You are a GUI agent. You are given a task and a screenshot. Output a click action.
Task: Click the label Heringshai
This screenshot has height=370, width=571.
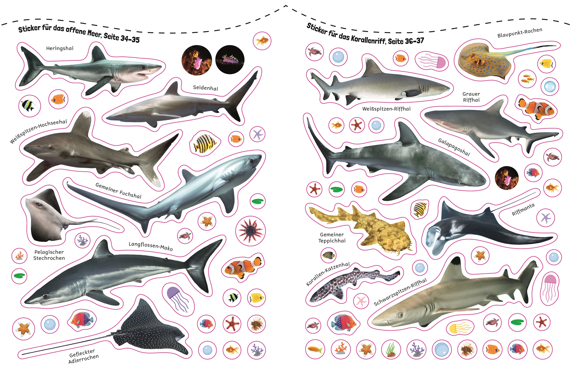pyautogui.click(x=60, y=48)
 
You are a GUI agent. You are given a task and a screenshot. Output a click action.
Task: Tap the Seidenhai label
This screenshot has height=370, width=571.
pyautogui.click(x=206, y=88)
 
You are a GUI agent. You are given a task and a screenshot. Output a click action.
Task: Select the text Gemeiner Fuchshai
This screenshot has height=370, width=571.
pyautogui.click(x=119, y=191)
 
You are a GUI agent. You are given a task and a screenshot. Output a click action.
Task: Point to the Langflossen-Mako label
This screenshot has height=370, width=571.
pyautogui.click(x=151, y=246)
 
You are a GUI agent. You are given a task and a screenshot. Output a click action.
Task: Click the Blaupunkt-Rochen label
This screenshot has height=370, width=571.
pyautogui.click(x=520, y=33)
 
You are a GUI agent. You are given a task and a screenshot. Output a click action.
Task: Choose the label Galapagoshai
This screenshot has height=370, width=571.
pyautogui.click(x=454, y=147)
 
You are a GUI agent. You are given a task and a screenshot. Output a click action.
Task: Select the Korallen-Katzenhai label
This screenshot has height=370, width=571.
pyautogui.click(x=328, y=274)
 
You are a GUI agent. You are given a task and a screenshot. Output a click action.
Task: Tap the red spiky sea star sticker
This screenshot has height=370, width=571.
pyautogui.click(x=250, y=231)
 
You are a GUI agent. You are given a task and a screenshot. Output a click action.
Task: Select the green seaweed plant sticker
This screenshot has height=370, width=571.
pyautogui.click(x=391, y=349)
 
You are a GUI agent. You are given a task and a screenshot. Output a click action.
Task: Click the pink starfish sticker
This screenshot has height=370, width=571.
pyautogui.click(x=361, y=301)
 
